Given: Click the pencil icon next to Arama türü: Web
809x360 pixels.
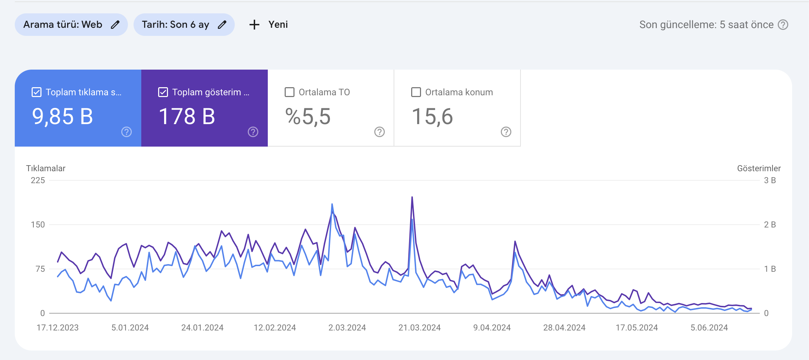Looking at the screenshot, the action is pyautogui.click(x=115, y=25).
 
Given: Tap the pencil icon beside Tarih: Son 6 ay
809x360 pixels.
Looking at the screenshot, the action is pyautogui.click(x=222, y=25).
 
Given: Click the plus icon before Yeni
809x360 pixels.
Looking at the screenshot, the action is pyautogui.click(x=254, y=25).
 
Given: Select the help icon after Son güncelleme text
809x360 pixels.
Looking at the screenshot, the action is pyautogui.click(x=783, y=25).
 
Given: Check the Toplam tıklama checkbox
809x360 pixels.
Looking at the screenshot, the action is pyautogui.click(x=37, y=92).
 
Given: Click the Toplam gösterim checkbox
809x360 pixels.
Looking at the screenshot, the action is pyautogui.click(x=163, y=92).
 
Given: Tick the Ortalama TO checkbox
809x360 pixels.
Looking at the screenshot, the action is pyautogui.click(x=290, y=92).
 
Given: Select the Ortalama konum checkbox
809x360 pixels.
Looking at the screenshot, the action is pyautogui.click(x=416, y=92).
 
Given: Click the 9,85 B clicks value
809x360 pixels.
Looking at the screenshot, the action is pyautogui.click(x=63, y=117).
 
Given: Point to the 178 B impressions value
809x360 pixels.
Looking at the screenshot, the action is pyautogui.click(x=187, y=117).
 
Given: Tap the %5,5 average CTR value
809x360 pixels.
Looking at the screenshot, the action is pyautogui.click(x=308, y=117).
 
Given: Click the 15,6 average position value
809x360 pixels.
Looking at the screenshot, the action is pyautogui.click(x=432, y=117).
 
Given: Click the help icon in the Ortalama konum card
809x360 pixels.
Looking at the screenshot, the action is pyautogui.click(x=506, y=132).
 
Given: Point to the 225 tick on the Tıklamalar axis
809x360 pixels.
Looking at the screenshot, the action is pyautogui.click(x=38, y=180).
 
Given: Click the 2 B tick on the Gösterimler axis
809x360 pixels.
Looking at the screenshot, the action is pyautogui.click(x=770, y=225).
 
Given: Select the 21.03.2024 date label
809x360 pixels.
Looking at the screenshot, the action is pyautogui.click(x=420, y=328).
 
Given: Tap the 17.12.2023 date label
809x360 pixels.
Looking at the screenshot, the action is pyautogui.click(x=58, y=328).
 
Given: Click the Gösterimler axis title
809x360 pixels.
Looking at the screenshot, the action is pyautogui.click(x=759, y=168).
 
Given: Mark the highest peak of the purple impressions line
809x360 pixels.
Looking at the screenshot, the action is pyautogui.click(x=412, y=197).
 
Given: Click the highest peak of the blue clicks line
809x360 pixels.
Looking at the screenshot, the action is pyautogui.click(x=332, y=204).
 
